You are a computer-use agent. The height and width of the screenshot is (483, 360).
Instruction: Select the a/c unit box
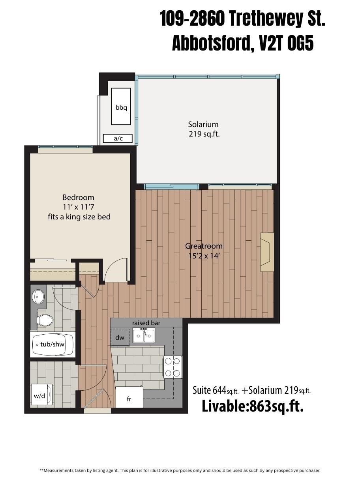pyautogui.click(x=118, y=139)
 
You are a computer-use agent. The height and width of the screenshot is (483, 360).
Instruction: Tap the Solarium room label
pyautogui.click(x=203, y=124)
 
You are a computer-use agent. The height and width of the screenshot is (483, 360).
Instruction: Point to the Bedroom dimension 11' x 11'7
pyautogui.click(x=79, y=207)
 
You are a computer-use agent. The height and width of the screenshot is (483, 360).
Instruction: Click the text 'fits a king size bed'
pyautogui.click(x=79, y=217)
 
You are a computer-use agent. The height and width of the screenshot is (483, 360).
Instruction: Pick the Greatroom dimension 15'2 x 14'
pyautogui.click(x=204, y=256)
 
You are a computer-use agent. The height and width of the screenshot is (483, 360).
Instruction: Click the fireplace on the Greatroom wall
pyautogui.click(x=267, y=252)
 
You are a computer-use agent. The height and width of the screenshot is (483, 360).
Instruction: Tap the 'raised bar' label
pyautogui.click(x=146, y=323)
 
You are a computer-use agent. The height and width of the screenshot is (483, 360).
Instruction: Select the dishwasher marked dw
pyautogui.click(x=120, y=337)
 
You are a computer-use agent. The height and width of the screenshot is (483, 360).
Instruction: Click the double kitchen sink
pyautogui.click(x=144, y=336)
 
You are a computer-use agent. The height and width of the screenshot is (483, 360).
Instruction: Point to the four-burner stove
pyautogui.click(x=172, y=367)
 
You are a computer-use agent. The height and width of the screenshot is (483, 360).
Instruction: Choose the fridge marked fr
pyautogui.click(x=129, y=399)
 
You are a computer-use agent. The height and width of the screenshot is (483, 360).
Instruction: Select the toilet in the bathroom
pyautogui.click(x=44, y=320)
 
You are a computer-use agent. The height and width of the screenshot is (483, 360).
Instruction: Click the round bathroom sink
pyautogui.click(x=39, y=296)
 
